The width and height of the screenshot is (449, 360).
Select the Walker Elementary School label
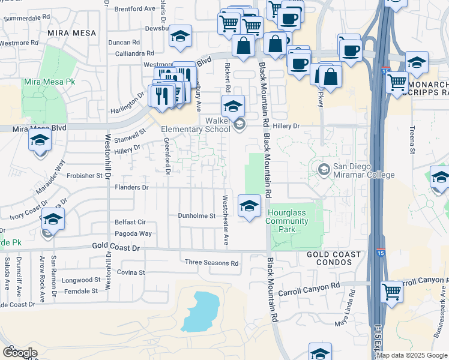click(x=196, y=124)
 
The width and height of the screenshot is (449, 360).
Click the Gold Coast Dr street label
click(x=115, y=247)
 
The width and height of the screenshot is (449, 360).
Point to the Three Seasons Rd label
click(x=211, y=263)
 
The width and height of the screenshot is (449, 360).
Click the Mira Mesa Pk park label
click(x=44, y=81)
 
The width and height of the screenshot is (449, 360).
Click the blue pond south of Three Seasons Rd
click(x=200, y=311)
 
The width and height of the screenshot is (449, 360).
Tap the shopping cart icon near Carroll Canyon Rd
click(x=391, y=292)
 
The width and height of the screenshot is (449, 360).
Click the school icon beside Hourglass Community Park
click(x=249, y=206)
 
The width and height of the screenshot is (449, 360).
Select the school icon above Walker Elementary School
click(x=233, y=107)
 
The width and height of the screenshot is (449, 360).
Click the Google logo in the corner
click(x=20, y=353)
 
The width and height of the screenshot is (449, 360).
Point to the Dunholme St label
click(x=196, y=216)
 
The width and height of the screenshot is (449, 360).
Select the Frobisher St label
click(x=84, y=176)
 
